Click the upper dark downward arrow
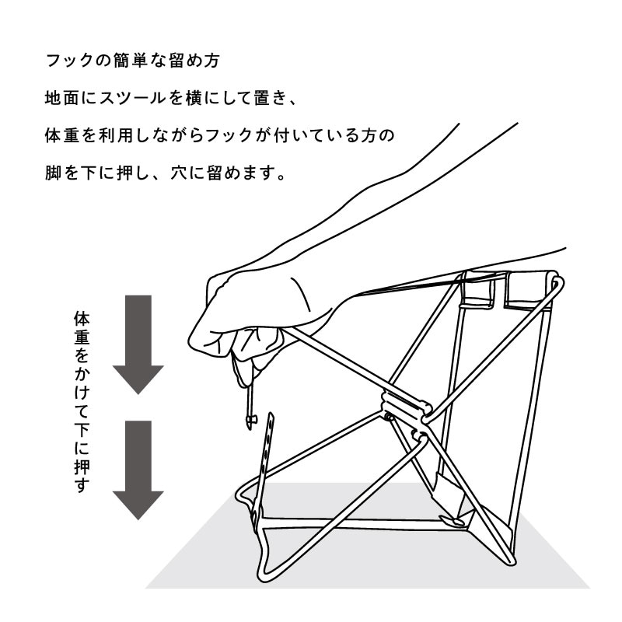pyautogui.click(x=138, y=343)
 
